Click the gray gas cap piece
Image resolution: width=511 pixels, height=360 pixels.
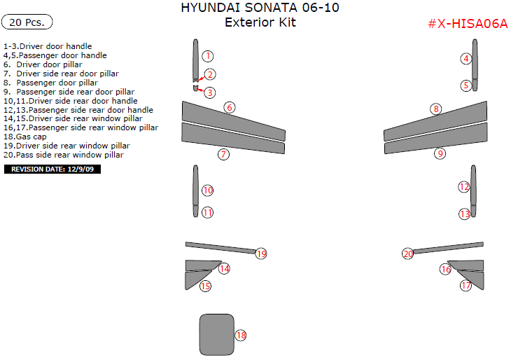point(216,334)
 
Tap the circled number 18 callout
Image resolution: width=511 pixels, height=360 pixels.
point(241,335)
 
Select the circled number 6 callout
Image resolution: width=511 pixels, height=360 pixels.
point(229,107)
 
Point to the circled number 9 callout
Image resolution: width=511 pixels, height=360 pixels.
point(440,153)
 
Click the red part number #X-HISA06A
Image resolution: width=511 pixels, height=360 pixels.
point(467,23)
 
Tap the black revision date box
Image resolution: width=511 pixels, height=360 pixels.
point(52,169)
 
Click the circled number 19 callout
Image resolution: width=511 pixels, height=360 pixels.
point(261,254)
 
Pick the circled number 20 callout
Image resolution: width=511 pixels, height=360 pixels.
point(408,254)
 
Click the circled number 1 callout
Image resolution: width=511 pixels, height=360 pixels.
point(208,56)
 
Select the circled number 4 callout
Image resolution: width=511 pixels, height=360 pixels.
point(465,59)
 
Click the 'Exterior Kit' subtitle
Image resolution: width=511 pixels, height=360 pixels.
point(260,22)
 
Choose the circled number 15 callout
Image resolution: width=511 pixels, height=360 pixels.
point(205,286)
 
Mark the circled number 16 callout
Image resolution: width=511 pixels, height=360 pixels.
point(445,269)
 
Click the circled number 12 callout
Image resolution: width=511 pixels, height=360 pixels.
point(463,186)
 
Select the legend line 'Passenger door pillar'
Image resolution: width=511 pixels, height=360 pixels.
point(56,82)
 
